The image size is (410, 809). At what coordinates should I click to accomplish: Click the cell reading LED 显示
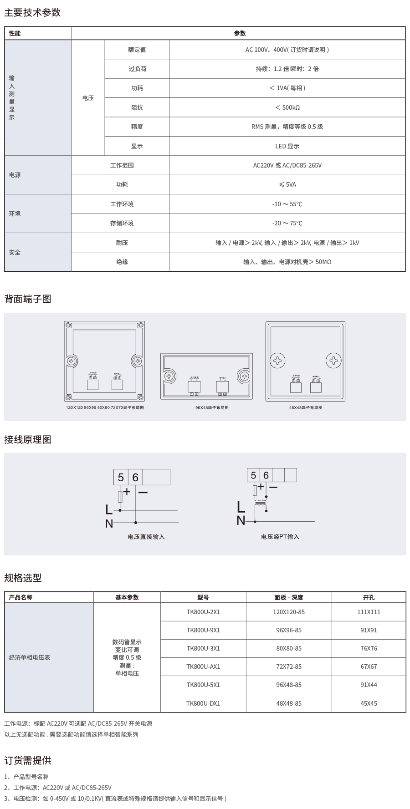pyautogui.click(x=287, y=146)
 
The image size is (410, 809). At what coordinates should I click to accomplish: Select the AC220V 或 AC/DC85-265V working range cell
pyautogui.click(x=287, y=165)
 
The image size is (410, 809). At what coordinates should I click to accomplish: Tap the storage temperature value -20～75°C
pyautogui.click(x=287, y=223)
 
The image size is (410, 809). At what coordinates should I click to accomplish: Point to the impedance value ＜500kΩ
pyautogui.click(x=287, y=107)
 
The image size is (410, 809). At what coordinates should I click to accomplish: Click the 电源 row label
pyautogui.click(x=15, y=175)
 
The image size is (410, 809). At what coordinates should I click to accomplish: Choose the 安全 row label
pyautogui.click(x=15, y=252)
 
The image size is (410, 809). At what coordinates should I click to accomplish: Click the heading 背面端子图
pyautogui.click(x=28, y=299)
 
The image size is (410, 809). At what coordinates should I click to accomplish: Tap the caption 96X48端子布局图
pyautogui.click(x=212, y=407)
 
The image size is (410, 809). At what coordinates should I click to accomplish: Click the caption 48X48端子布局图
pyautogui.click(x=306, y=407)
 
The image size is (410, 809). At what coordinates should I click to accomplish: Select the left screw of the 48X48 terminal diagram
pyautogui.click(x=277, y=361)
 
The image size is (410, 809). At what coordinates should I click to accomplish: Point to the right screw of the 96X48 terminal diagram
pyautogui.click(x=244, y=376)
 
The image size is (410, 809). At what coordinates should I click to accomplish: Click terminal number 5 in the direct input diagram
pyautogui.click(x=121, y=477)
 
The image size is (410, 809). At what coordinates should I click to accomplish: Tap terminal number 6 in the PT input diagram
pyautogui.click(x=266, y=475)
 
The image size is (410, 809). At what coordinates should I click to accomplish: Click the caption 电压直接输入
pyautogui.click(x=146, y=537)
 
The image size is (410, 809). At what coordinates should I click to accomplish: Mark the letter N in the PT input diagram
pyautogui.click(x=241, y=521)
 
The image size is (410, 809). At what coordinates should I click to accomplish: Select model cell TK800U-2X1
pyautogui.click(x=203, y=612)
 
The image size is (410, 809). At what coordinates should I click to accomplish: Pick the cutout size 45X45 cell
pyautogui.click(x=369, y=703)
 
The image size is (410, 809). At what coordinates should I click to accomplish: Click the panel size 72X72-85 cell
pyautogui.click(x=289, y=667)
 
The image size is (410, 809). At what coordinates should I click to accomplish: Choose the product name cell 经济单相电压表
pyautogui.click(x=30, y=658)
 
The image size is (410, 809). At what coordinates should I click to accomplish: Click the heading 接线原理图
pyautogui.click(x=28, y=440)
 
